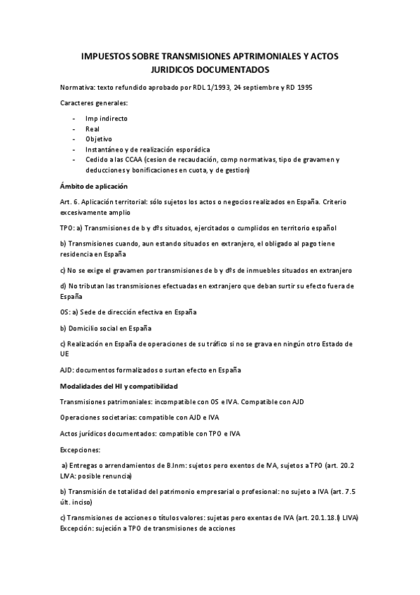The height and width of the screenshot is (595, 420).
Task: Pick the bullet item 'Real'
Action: click(x=93, y=129)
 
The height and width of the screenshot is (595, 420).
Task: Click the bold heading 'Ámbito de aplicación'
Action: click(x=94, y=186)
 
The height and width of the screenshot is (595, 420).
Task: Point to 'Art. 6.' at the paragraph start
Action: click(x=69, y=201)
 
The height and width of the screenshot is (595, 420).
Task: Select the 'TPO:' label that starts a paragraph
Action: click(x=68, y=228)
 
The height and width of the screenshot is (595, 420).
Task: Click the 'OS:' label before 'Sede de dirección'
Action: click(x=66, y=312)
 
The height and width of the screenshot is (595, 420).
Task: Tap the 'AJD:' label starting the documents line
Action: click(x=68, y=370)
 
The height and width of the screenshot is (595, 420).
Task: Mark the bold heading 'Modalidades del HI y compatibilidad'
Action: click(x=119, y=386)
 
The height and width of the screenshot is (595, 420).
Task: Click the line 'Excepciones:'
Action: click(x=81, y=448)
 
